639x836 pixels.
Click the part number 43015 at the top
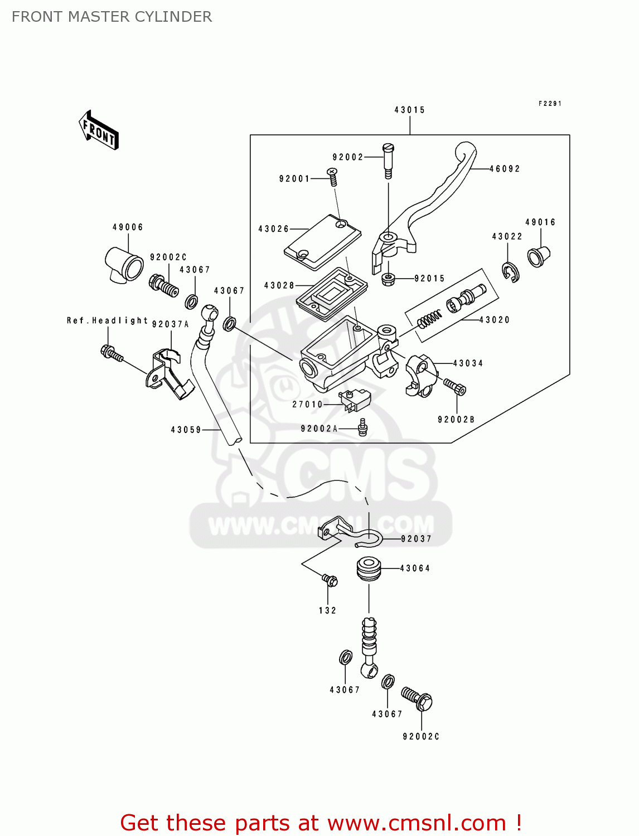410,110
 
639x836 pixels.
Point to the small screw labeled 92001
333,177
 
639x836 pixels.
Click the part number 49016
540,222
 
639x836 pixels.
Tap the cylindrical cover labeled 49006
124,264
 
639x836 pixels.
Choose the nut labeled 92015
388,278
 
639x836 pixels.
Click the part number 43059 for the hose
186,430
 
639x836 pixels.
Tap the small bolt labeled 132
330,581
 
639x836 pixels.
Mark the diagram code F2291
550,104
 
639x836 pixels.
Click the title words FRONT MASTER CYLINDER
112,17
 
